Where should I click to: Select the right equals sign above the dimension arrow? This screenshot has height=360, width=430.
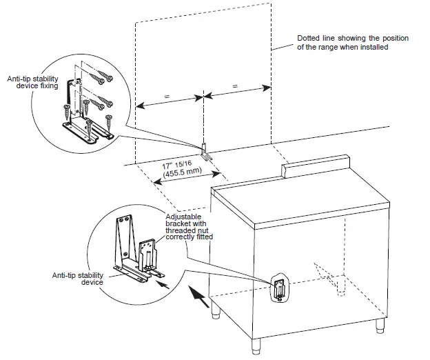pos(236,87)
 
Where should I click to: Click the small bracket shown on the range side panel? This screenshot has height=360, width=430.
pos(279,288)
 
